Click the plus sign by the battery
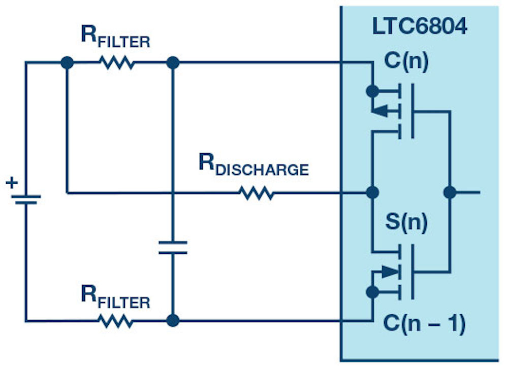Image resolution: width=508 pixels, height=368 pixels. pos(12,182)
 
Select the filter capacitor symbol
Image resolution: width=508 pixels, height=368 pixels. pos(173,248)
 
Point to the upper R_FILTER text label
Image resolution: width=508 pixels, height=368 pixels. pos(116,37)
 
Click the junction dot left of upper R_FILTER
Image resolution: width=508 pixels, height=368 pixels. pos(67,63)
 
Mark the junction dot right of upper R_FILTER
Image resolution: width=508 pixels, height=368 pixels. pos(173,63)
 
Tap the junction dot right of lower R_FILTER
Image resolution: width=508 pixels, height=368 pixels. pos(173,321)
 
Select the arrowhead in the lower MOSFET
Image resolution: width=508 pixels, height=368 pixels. pos(390,272)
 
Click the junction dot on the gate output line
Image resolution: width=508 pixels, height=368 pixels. pos(449,192)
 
